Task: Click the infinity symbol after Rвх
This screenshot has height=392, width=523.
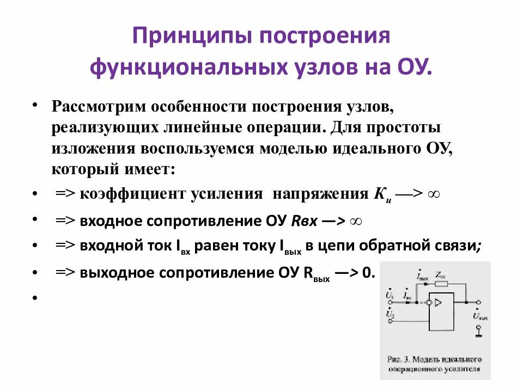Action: [356, 220]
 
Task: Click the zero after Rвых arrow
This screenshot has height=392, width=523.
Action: [369, 274]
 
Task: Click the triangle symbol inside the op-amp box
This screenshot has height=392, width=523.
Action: [439, 301]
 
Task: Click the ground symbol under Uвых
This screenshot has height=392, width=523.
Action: [478, 329]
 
